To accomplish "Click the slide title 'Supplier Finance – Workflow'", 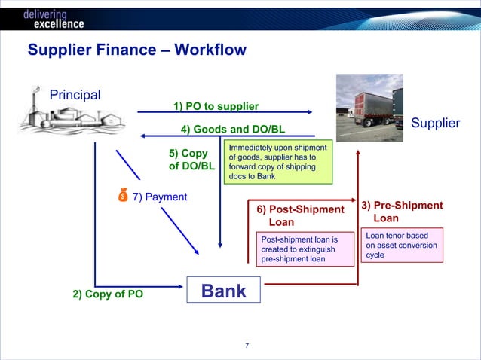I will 136,51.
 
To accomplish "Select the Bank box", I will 223,291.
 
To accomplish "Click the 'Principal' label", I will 75,95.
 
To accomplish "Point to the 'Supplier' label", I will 435,123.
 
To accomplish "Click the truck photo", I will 369,103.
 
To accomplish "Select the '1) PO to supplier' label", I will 216,106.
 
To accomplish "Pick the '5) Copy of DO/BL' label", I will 191,160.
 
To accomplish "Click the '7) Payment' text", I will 160,197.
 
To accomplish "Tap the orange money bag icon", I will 123,197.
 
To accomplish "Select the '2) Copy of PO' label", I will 108,294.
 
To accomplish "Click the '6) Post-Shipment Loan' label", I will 299,215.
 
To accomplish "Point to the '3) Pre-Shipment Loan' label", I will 401,212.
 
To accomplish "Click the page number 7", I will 247,346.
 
